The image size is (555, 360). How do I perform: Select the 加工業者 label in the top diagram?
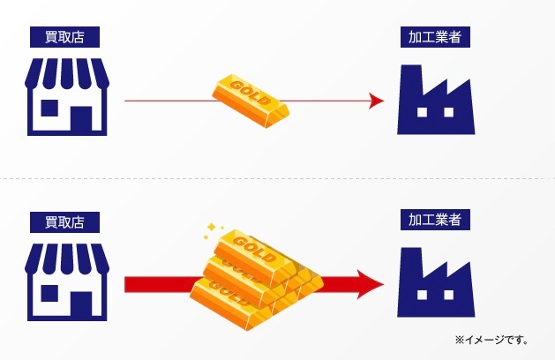(433, 37)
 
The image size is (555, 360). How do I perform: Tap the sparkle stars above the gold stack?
(213, 229)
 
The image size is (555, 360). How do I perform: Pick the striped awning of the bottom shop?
(67, 257)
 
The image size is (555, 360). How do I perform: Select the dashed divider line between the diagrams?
(277, 179)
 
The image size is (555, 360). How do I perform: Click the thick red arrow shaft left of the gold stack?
(159, 284)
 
